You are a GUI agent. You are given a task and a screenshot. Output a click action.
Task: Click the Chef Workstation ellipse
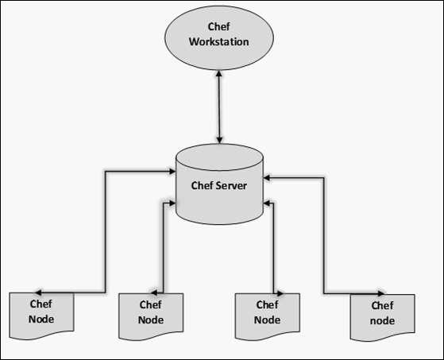coord(220,37)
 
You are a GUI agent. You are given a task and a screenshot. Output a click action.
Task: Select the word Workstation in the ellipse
coord(220,41)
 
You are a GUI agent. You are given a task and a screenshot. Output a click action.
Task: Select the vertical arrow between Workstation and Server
coord(220,103)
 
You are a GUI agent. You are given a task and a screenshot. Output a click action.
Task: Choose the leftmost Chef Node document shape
coord(41,312)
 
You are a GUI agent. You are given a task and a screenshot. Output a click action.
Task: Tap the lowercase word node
coord(383,320)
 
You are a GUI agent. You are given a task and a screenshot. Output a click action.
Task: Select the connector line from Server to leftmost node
coord(106,230)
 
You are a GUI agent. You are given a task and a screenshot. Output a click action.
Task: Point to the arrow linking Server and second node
coord(163,246)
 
